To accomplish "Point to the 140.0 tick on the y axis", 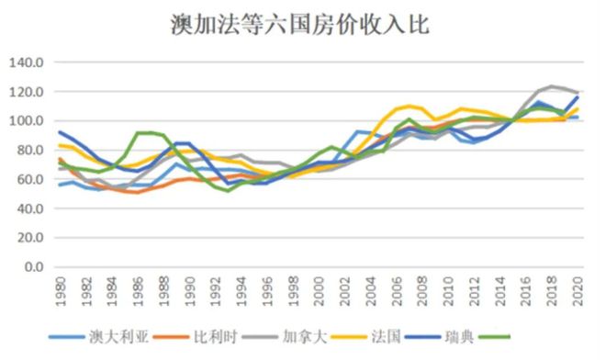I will [x=27, y=62].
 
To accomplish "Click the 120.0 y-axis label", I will [x=27, y=92].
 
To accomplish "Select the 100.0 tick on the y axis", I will [x=27, y=121].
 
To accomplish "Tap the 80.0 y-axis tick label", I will [x=29, y=151].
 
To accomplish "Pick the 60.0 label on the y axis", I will [x=29, y=179].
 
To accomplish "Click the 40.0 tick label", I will [x=29, y=208].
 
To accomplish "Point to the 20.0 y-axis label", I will [x=29, y=238].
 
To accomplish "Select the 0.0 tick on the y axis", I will [x=33, y=267].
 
